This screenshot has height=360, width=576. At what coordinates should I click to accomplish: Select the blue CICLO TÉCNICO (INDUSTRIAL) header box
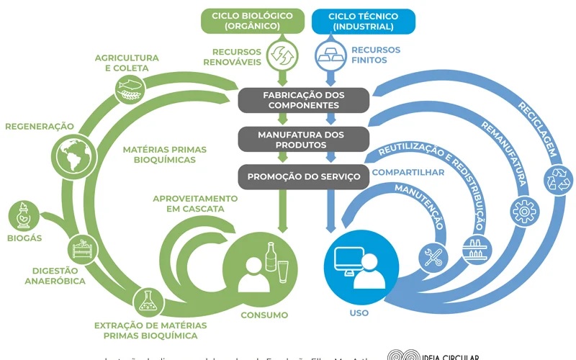(364, 21)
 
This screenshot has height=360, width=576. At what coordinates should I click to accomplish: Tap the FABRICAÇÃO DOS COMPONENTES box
(303, 99)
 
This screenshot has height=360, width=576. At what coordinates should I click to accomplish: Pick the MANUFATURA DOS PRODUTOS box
(303, 139)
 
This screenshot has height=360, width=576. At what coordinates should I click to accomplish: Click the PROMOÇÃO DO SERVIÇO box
(303, 176)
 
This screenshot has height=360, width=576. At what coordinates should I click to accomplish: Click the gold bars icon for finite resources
(330, 53)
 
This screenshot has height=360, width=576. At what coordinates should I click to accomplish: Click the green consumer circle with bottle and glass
(261, 265)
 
